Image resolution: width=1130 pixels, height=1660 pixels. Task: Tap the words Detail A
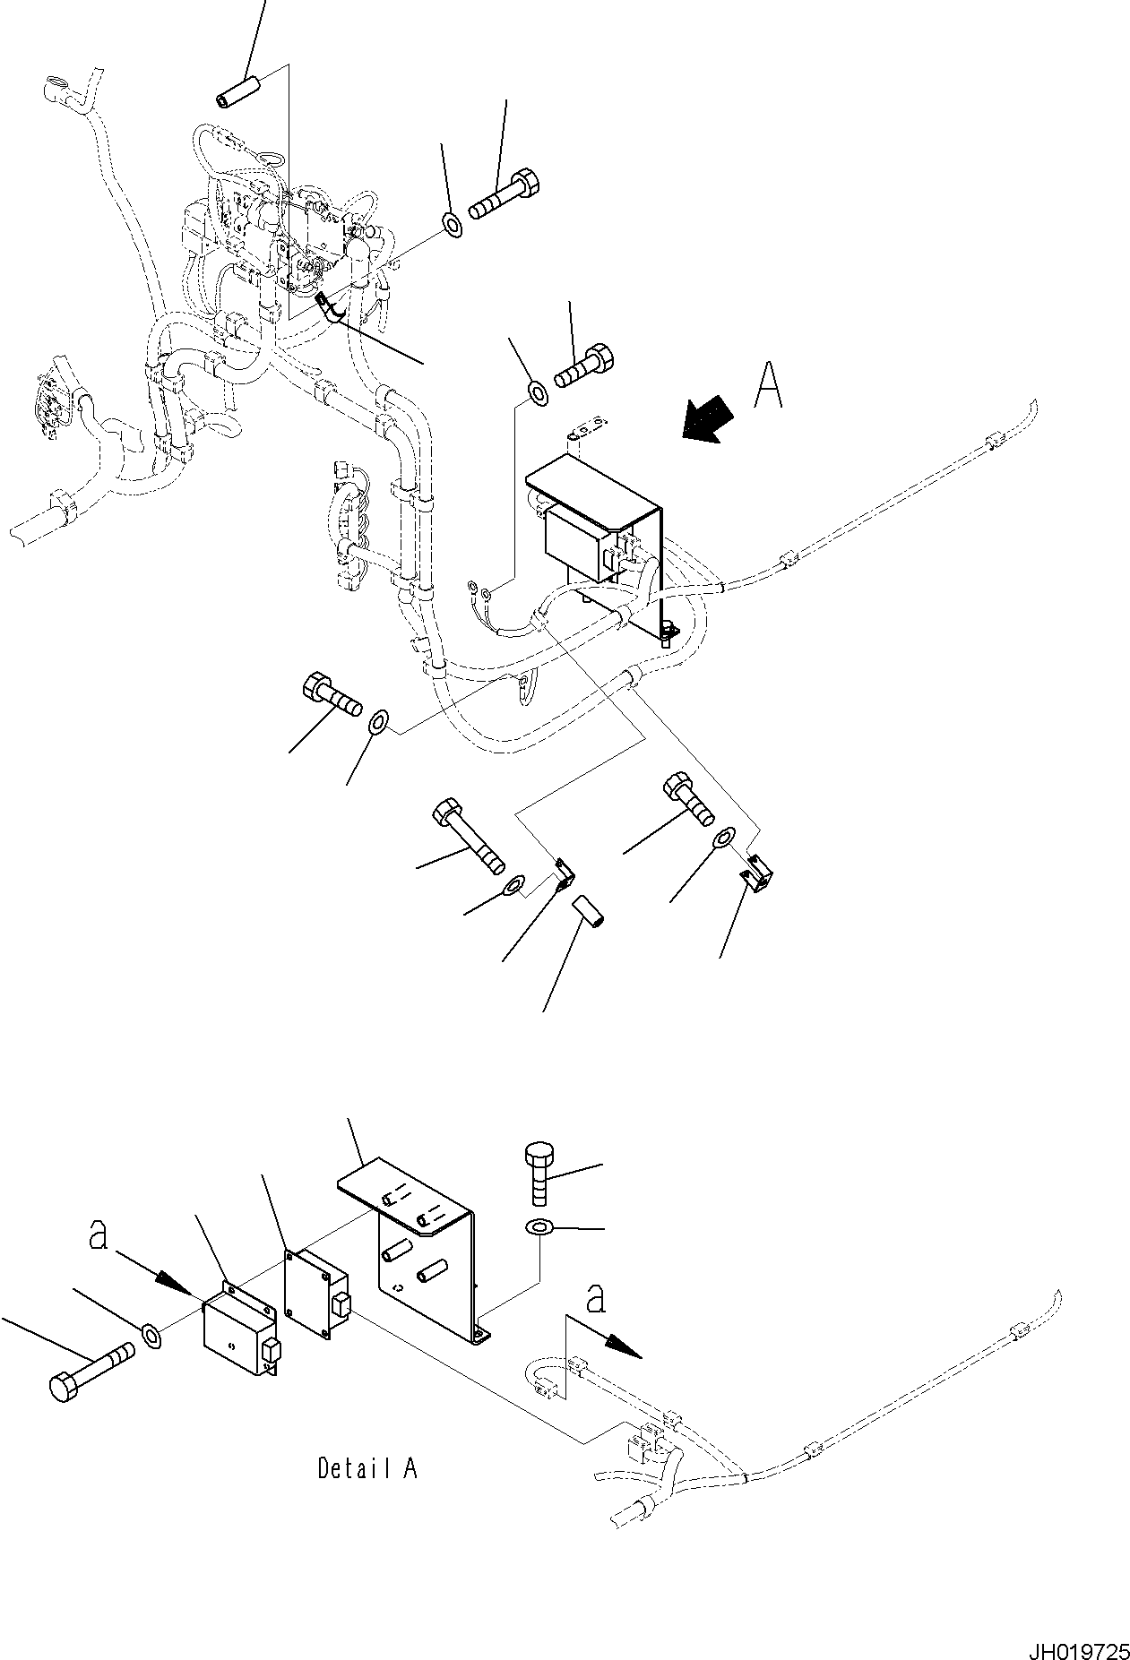click(367, 1468)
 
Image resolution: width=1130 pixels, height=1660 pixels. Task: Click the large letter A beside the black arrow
click(768, 386)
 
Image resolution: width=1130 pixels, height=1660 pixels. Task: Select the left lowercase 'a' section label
click(99, 1236)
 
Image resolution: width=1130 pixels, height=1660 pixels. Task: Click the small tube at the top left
click(237, 93)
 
